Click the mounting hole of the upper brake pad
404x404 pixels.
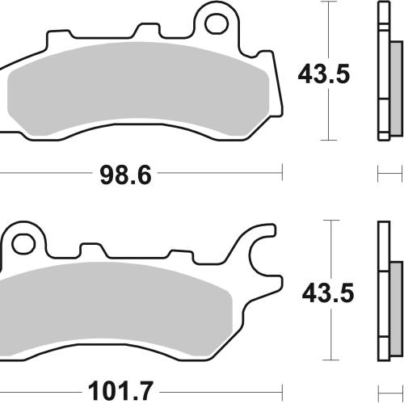tap(217, 24)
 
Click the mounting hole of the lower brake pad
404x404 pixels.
tap(23, 244)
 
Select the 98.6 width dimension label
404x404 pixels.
tap(125, 175)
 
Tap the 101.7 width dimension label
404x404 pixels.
tap(120, 391)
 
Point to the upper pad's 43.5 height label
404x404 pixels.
tap(324, 74)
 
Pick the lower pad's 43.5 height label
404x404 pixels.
tap(328, 293)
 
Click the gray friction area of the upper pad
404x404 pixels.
tap(138, 89)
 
